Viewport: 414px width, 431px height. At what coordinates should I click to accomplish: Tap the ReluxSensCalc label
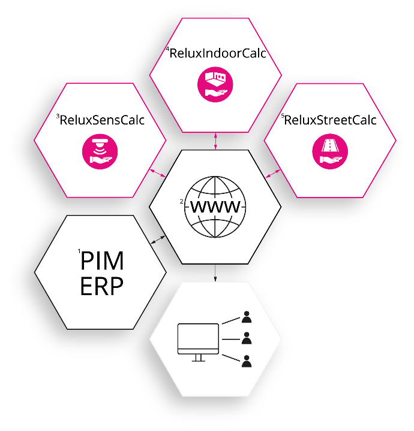(103, 120)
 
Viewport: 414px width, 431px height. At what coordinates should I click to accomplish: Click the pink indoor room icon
(215, 84)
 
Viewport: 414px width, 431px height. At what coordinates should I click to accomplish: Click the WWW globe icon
(215, 207)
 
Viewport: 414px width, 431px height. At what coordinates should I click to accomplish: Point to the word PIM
(103, 262)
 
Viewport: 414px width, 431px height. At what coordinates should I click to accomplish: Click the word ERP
(101, 287)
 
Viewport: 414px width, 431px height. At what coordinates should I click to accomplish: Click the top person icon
(246, 316)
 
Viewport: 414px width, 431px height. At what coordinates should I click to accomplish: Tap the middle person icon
(246, 338)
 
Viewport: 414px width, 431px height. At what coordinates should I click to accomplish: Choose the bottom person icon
(246, 361)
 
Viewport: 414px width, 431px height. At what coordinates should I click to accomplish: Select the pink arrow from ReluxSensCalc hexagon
(158, 173)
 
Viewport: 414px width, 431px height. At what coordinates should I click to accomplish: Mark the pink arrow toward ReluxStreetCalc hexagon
(273, 173)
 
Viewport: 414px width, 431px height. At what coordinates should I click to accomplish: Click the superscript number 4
(168, 50)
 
